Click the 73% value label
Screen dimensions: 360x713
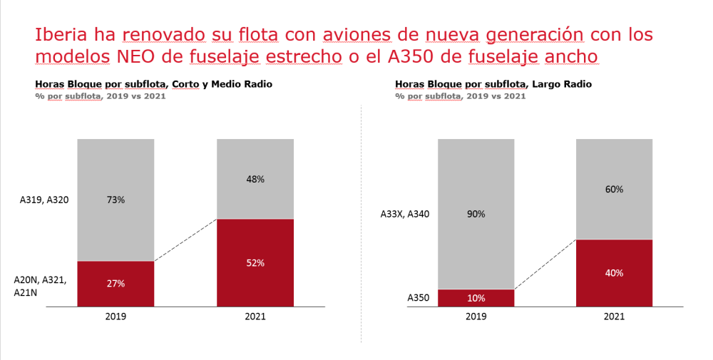(116, 200)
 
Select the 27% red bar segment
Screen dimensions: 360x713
(116, 284)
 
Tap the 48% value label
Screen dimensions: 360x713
(255, 180)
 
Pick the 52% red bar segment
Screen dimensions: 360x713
(255, 262)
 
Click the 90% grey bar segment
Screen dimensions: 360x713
(476, 214)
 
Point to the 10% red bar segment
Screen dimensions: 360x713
(476, 298)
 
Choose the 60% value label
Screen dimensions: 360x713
(614, 190)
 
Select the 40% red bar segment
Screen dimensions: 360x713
(614, 273)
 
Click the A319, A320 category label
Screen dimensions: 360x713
(44, 200)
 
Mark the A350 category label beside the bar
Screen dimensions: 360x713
(419, 298)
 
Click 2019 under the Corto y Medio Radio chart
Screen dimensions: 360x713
(116, 316)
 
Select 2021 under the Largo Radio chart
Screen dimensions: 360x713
(614, 316)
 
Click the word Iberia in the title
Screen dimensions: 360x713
(60, 35)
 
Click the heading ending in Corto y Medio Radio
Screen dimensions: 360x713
(153, 84)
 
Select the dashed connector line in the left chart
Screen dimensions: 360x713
(185, 240)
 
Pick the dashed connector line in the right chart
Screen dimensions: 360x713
(545, 264)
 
